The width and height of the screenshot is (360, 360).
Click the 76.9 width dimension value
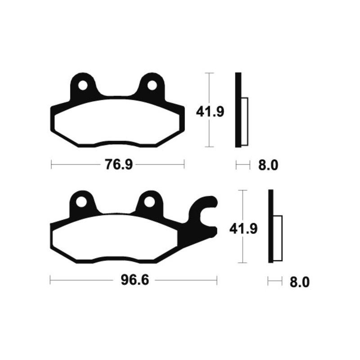pos(118,165)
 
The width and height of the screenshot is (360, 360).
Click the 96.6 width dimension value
pos(135,281)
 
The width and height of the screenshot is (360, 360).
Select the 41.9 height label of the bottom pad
pos(243,229)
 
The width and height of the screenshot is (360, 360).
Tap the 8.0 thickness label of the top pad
pos(269,166)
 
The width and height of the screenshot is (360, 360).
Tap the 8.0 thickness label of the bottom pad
pos(300,282)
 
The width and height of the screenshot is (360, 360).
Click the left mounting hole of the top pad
pos(83,85)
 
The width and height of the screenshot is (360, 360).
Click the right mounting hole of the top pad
pos(152,85)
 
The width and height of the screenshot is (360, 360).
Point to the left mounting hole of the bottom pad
pos(81,202)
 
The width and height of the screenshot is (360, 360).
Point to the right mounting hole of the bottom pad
pos(150,202)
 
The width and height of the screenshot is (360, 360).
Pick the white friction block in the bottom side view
pos(278,238)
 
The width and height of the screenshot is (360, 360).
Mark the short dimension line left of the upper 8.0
pos(243,166)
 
